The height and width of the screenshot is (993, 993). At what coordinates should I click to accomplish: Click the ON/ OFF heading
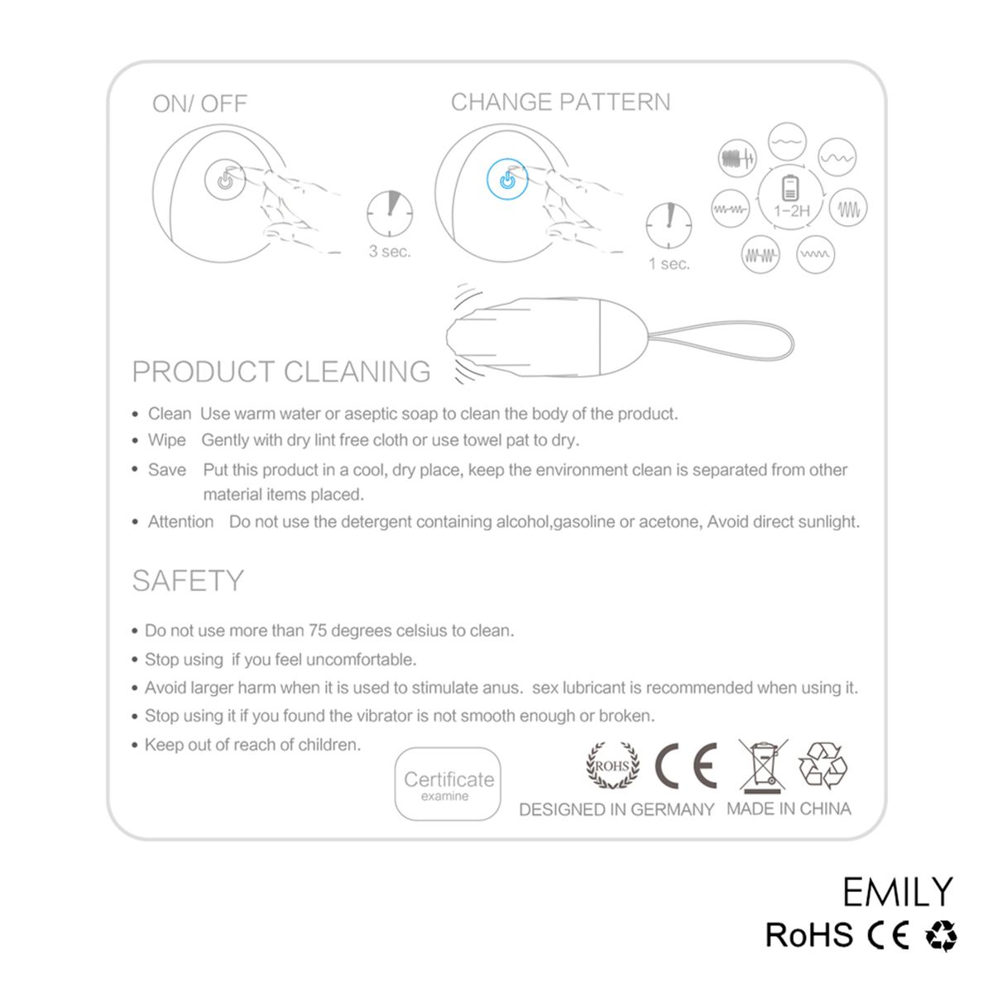pos(199,103)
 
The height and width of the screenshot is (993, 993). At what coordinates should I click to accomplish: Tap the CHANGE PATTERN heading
pos(560,102)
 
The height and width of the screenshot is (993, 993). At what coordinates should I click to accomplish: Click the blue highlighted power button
pos(507,180)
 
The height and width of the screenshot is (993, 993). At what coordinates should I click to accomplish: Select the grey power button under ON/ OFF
pos(225,180)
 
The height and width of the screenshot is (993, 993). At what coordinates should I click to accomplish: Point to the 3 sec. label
pos(390,252)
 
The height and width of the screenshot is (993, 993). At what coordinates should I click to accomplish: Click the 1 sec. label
pos(669,264)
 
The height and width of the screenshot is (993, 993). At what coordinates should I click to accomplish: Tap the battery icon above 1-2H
pos(789,188)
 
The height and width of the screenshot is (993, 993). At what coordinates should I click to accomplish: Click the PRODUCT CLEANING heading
pos(281,372)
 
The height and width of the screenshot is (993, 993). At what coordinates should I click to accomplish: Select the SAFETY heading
pos(188,581)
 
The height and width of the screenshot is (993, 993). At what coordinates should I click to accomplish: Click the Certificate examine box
pos(448,784)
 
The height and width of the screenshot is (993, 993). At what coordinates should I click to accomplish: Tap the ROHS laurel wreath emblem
pos(612,765)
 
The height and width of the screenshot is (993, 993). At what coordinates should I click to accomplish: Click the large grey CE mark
pos(686,765)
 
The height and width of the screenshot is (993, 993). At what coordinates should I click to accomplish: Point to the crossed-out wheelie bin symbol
pos(763,765)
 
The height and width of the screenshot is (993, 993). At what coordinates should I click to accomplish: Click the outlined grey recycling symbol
pos(823,765)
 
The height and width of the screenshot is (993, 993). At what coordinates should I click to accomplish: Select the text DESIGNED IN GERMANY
pos(616,809)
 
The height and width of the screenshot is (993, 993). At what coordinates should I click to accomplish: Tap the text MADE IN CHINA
pos(789,808)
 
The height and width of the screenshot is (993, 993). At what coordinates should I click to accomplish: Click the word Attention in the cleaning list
pos(180,521)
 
